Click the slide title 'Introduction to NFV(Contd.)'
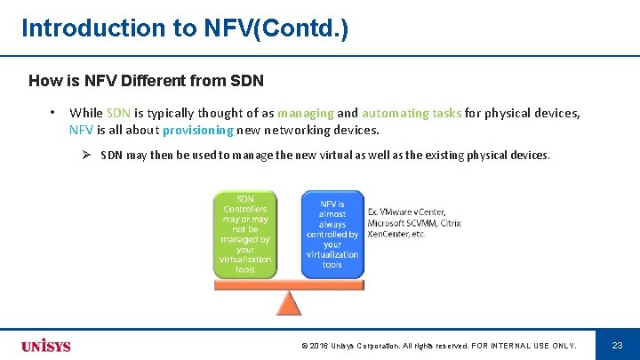point(185,28)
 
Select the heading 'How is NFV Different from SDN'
point(146,81)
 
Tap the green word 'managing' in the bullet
point(306,113)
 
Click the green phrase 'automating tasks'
point(412,113)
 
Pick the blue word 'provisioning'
point(197,130)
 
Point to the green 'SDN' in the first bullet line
point(118,113)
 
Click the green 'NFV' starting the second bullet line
point(81,130)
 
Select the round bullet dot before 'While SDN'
point(53,113)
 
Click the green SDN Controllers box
point(244,234)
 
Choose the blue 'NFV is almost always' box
point(332,234)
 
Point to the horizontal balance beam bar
point(289,284)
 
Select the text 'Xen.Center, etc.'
point(396,234)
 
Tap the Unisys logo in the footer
point(46,345)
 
